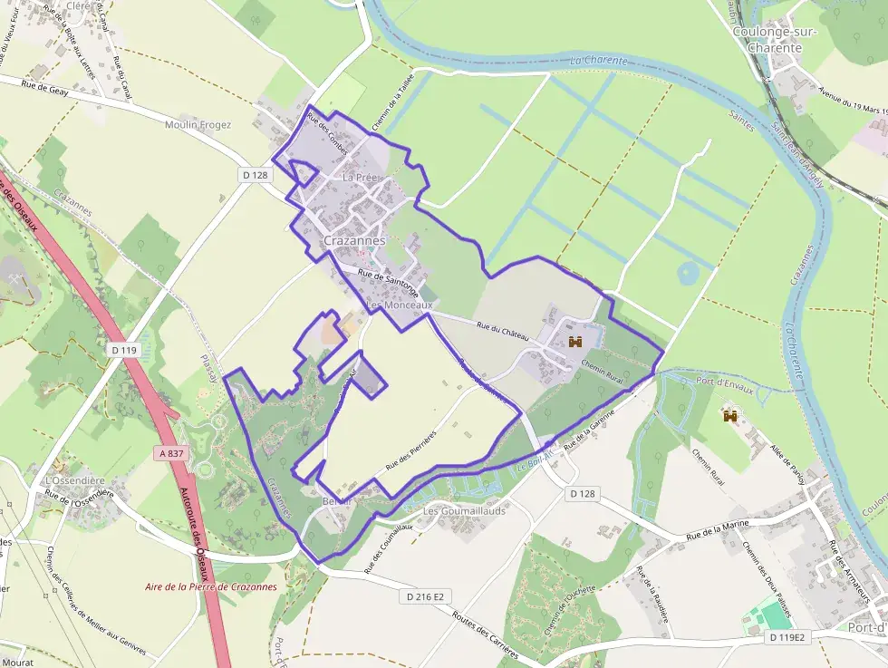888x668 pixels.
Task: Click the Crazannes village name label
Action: pos(354,241)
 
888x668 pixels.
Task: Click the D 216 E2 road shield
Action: pos(424,595)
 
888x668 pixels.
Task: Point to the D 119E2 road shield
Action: pos(786,637)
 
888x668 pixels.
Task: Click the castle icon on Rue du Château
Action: pos(574,342)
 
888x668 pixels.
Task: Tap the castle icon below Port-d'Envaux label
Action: pos(729,416)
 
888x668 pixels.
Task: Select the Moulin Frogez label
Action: pos(198,125)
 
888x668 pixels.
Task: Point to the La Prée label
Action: pos(359,179)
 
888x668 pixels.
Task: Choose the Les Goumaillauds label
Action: pos(464,511)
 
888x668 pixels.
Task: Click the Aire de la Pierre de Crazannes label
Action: pos(211,586)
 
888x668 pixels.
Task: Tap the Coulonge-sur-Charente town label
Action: pos(775,40)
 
